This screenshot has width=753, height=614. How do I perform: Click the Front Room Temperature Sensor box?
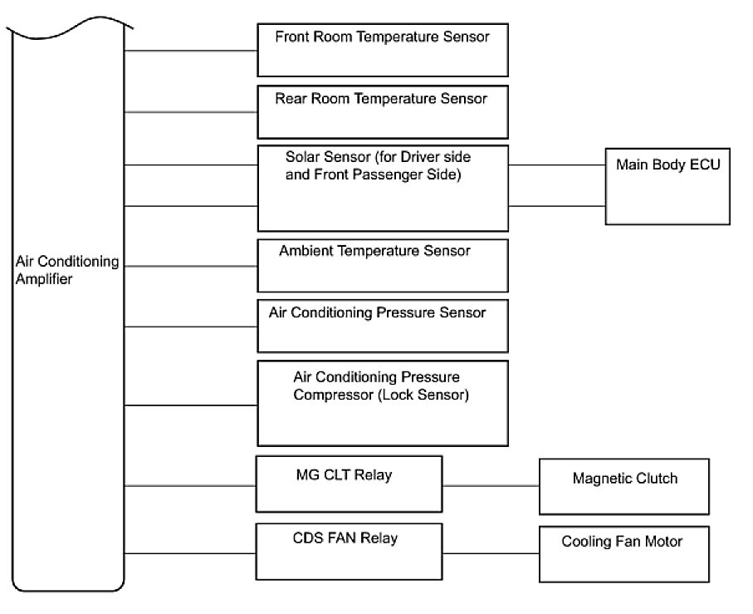[x=382, y=50]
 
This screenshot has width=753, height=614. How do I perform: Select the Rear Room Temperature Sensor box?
[x=382, y=111]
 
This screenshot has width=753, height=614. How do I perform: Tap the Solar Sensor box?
[x=382, y=189]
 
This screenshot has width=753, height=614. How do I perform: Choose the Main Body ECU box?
[x=667, y=187]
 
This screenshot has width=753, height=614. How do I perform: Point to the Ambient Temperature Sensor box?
[x=382, y=266]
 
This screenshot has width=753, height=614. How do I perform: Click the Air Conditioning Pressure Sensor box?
[x=382, y=326]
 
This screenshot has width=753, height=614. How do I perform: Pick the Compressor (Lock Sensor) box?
[x=382, y=403]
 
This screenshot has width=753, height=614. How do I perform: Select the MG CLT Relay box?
[x=349, y=484]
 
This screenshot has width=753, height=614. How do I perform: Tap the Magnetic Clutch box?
[x=624, y=485]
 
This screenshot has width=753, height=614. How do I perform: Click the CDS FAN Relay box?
[x=349, y=552]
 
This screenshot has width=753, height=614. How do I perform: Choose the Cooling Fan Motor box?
[x=624, y=554]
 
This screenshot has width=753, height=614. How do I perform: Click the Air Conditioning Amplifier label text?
[x=66, y=271]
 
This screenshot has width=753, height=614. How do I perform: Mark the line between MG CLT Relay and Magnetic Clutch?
[x=491, y=485]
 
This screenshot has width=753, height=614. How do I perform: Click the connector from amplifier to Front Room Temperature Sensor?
[x=190, y=51]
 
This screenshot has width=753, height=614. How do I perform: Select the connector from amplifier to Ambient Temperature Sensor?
[x=190, y=267]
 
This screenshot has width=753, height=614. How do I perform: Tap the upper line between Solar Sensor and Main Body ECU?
[x=557, y=165]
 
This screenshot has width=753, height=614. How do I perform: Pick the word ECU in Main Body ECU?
[x=705, y=165]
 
